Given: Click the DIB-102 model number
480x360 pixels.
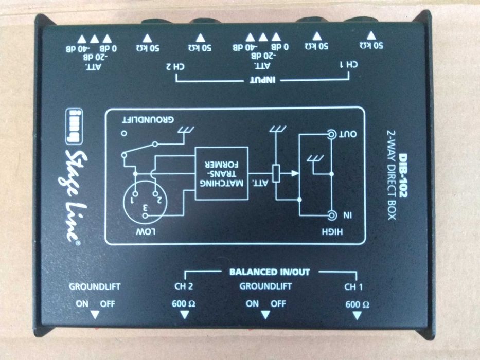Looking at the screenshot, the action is point(403,175).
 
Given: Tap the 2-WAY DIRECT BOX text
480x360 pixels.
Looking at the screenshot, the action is point(391,175).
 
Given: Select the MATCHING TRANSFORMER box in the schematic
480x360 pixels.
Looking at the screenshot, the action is point(222,173).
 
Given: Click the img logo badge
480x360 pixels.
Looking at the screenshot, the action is point(74,127).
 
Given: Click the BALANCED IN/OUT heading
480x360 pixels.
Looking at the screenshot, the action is point(270,272).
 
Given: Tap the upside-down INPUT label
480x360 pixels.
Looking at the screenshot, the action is point(263,80).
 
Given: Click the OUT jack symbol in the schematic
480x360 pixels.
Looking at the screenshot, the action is point(331,134).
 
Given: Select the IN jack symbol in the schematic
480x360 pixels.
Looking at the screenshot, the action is point(331,216).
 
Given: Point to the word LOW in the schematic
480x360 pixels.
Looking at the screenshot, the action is point(146,232).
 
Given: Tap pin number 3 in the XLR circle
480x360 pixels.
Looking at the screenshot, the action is point(146,208).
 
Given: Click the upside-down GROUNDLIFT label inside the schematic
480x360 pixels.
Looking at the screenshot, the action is point(148,119).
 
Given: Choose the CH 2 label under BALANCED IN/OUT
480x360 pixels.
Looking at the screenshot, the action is point(183,286).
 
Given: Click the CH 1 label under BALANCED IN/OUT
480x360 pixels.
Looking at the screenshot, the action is point(353,287).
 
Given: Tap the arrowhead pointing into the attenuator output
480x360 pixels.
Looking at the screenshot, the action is point(295,173).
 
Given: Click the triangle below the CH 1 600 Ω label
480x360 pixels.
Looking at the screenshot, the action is point(357,316).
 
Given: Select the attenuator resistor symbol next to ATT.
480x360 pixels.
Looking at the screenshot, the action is point(276,174).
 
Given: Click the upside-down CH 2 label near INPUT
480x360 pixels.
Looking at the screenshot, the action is point(175,66).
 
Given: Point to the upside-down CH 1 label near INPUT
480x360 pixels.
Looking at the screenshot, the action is point(349,65).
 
